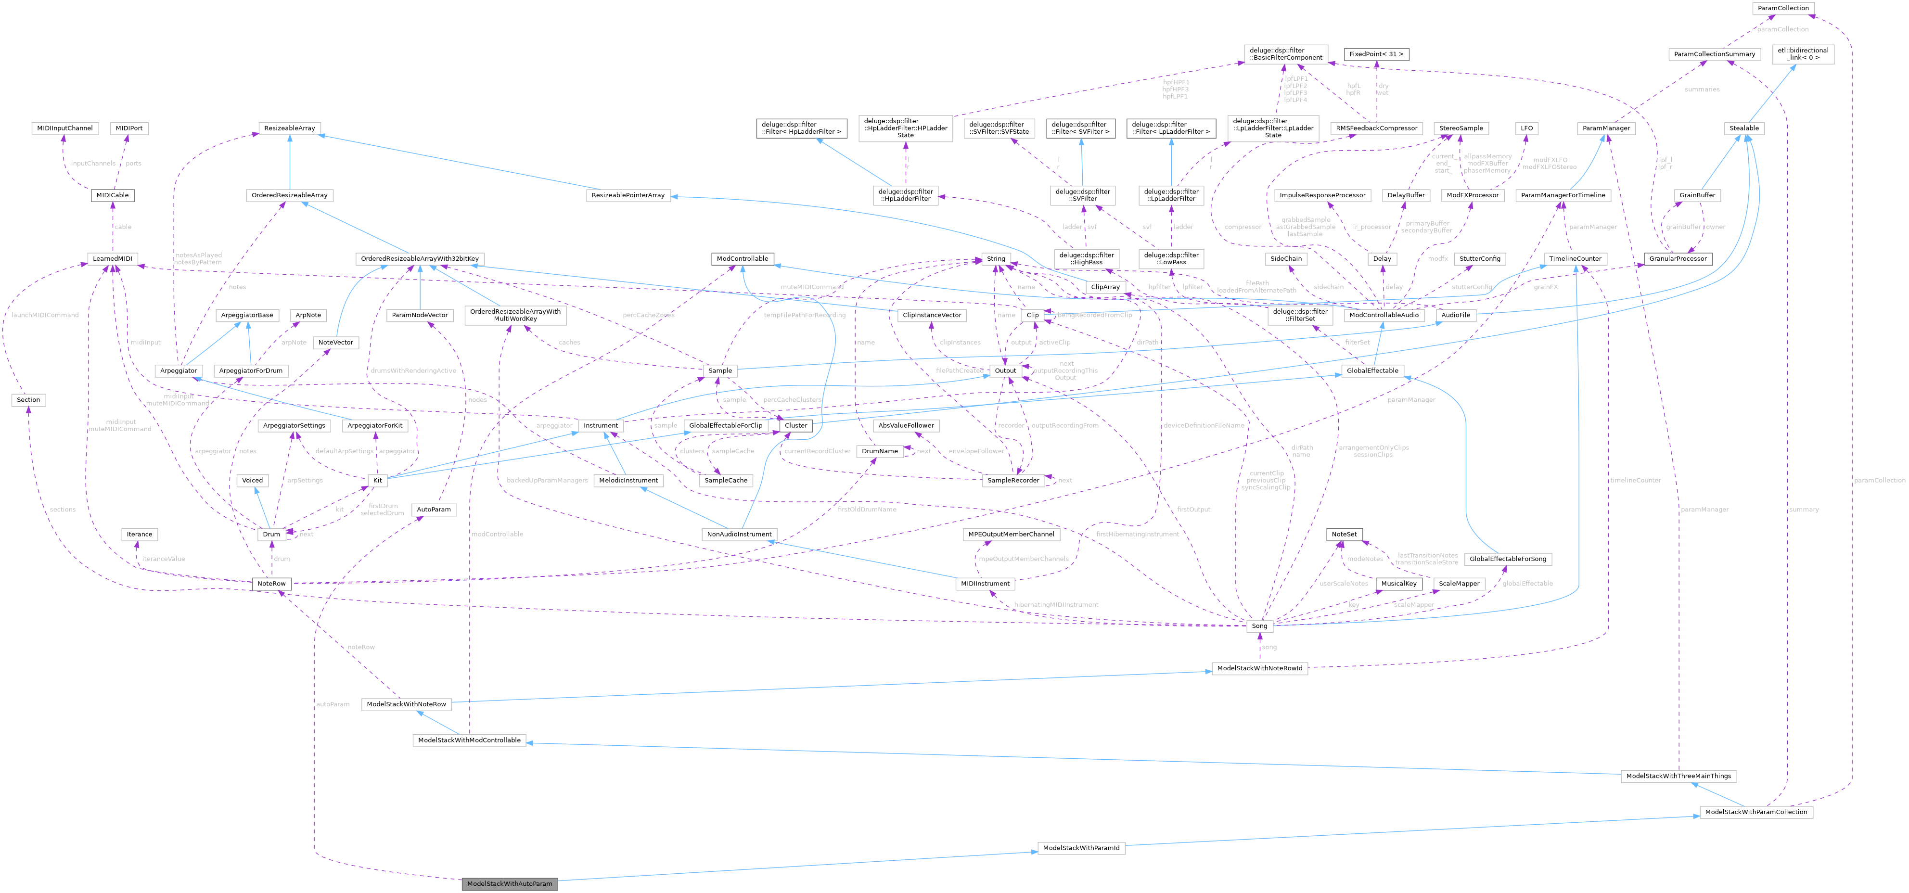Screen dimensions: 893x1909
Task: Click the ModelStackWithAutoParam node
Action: [509, 883]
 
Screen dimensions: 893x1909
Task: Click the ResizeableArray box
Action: [289, 128]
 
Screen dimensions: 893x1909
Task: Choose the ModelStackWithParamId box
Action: [1080, 848]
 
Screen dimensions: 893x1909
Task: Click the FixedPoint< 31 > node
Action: [1375, 54]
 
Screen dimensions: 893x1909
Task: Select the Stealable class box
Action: [1744, 128]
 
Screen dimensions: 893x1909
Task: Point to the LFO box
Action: [1526, 128]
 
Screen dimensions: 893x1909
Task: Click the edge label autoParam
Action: [333, 704]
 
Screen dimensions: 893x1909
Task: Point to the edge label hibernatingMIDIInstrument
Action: [1056, 605]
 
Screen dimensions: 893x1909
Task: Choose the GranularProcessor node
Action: [1677, 259]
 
